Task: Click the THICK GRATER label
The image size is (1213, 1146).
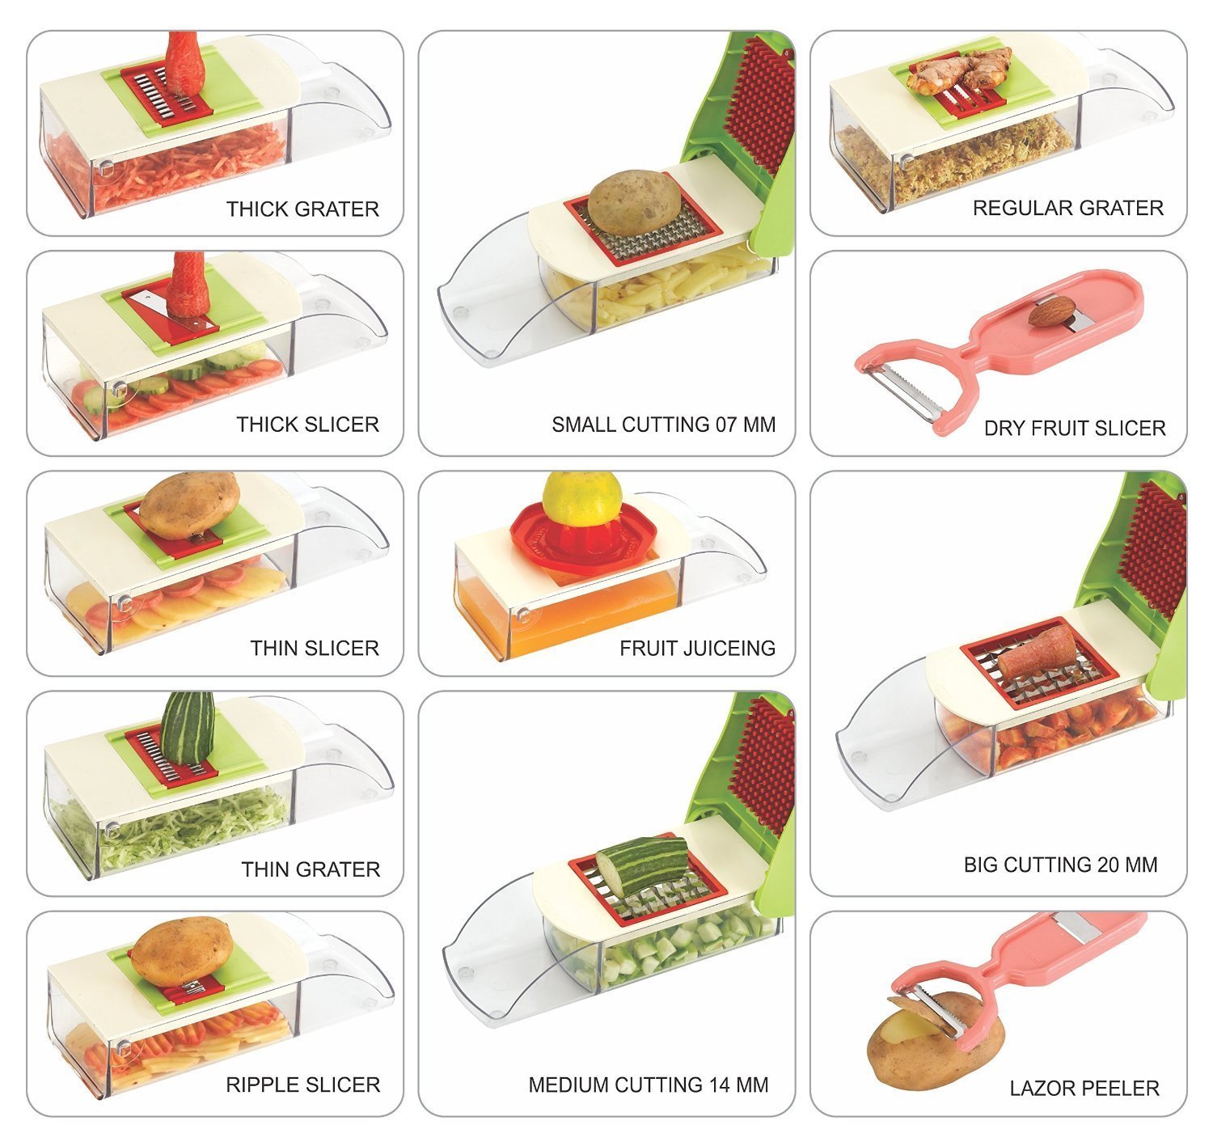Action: [x=302, y=209]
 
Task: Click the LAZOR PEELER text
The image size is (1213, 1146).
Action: [x=1084, y=1088]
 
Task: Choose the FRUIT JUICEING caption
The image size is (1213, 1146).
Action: [x=697, y=647]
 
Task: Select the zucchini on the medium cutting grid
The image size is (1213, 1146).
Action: [x=643, y=866]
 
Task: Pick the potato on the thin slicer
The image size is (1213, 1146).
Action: [x=189, y=505]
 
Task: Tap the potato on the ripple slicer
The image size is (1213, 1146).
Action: [x=182, y=949]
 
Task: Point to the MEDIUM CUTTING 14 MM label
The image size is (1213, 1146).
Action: [x=648, y=1085]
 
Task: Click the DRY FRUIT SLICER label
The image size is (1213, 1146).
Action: [x=1074, y=428]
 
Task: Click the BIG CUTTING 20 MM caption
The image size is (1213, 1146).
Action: [x=1060, y=865]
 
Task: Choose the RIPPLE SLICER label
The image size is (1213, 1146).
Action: [x=302, y=1085]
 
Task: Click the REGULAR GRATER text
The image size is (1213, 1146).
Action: [x=1067, y=208]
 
